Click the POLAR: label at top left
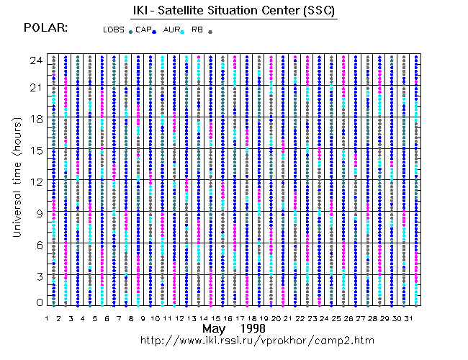pos(46,27)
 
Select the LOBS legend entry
pos(114,30)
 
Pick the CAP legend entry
pos(144,30)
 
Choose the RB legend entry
pos(197,30)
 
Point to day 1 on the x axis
pos(46,318)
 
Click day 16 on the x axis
pos(228,318)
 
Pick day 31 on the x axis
pos(409,318)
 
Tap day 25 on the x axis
pos(336,318)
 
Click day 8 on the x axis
pos(131,318)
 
